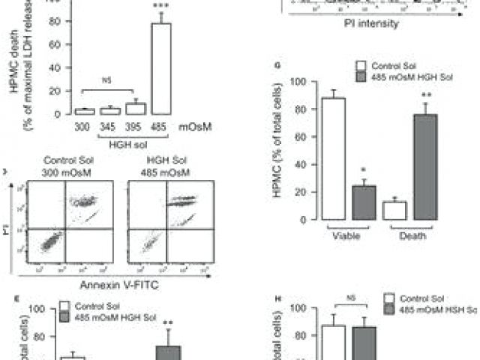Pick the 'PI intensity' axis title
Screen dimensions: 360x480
click(x=367, y=23)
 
